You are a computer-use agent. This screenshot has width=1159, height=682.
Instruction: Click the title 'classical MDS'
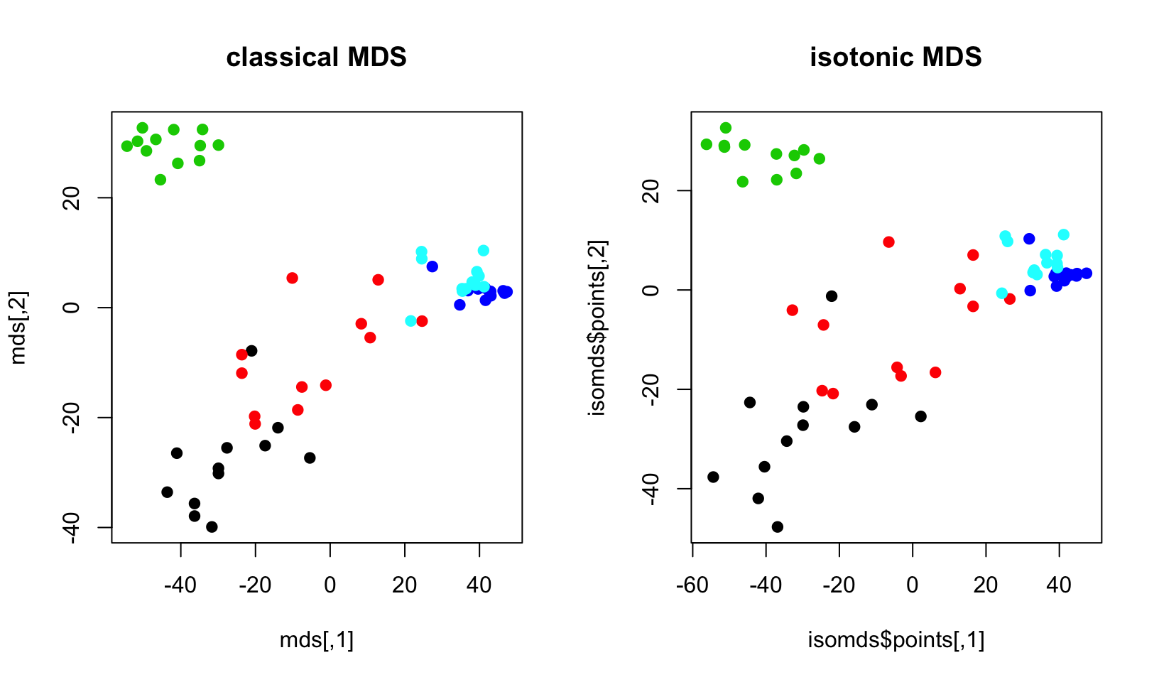[x=316, y=57]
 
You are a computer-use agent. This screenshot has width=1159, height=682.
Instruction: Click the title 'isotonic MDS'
[x=896, y=57]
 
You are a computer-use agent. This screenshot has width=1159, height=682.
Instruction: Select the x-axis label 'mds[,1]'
[x=316, y=640]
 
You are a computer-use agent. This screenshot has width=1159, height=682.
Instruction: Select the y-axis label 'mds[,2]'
[x=19, y=328]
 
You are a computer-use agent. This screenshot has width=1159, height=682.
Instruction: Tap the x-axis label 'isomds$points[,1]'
[x=896, y=640]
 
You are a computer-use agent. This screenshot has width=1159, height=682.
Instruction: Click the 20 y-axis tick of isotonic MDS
[x=653, y=190]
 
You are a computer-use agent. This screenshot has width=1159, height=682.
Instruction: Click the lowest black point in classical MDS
[x=212, y=527]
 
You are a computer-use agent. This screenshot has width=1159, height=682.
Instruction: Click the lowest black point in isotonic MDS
[x=778, y=527]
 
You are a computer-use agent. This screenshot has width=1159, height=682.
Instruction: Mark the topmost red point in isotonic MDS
[x=888, y=242]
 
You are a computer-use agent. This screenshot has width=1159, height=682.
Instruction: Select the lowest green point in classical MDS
[x=160, y=180]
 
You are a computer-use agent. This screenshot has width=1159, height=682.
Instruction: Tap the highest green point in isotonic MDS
[x=726, y=128]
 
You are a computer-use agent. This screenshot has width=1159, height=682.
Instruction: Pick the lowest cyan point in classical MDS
[x=410, y=321]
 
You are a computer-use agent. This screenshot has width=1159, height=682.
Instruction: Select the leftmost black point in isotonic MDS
[x=713, y=477]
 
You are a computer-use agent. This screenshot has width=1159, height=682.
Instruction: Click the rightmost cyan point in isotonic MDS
[x=1064, y=234]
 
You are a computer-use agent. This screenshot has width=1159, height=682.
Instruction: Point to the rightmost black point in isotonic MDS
[x=921, y=416]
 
